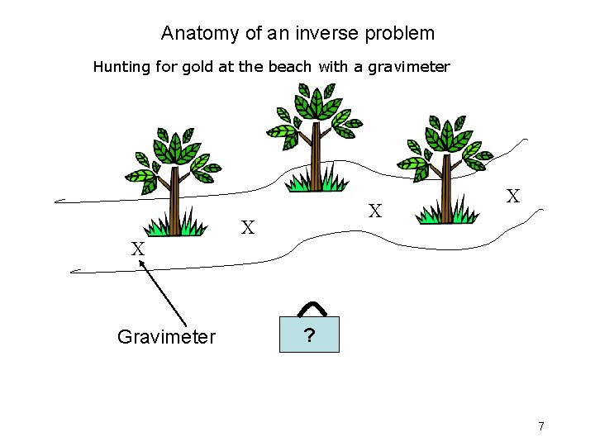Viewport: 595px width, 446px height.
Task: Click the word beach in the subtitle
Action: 289,67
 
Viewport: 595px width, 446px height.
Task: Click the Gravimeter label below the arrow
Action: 166,336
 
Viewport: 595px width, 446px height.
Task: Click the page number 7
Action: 541,426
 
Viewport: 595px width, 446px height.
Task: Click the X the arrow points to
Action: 138,249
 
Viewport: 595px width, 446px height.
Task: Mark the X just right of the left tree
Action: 247,227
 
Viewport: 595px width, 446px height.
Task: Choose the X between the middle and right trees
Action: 375,211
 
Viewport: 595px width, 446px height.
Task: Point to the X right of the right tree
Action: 513,197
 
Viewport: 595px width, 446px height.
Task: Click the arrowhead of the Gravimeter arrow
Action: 141,263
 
